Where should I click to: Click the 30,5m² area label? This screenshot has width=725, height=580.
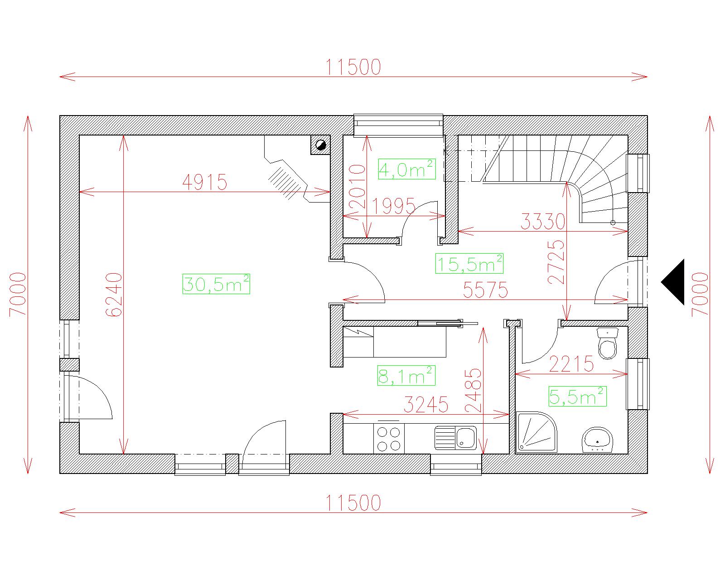pyautogui.click(x=216, y=284)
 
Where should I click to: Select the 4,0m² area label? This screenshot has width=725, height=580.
pyautogui.click(x=406, y=169)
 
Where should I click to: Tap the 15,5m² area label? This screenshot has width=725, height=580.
pyautogui.click(x=469, y=263)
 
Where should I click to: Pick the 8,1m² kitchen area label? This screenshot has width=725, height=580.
pyautogui.click(x=406, y=376)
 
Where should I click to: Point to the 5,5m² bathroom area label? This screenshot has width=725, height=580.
pyautogui.click(x=577, y=396)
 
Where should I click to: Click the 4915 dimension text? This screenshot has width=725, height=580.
pyautogui.click(x=204, y=182)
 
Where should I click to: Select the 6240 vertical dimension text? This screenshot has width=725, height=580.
pyautogui.click(x=114, y=295)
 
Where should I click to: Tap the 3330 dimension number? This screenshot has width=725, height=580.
pyautogui.click(x=543, y=222)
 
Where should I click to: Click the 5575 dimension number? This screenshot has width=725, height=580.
pyautogui.click(x=485, y=290)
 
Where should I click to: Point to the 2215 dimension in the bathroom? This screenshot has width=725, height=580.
pyautogui.click(x=571, y=364)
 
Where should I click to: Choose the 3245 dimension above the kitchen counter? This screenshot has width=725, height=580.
pyautogui.click(x=426, y=405)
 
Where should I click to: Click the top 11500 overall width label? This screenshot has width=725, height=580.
pyautogui.click(x=353, y=67)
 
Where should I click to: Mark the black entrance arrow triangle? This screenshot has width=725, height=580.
pyautogui.click(x=672, y=282)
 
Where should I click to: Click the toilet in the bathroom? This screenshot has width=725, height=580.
pyautogui.click(x=608, y=343)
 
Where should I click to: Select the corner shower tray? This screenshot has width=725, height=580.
pyautogui.click(x=536, y=431)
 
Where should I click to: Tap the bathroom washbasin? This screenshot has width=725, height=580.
pyautogui.click(x=597, y=440)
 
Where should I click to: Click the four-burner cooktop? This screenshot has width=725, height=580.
pyautogui.click(x=389, y=439)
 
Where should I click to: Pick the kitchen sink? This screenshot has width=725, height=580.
pyautogui.click(x=455, y=438)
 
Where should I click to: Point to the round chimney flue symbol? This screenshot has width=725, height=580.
pyautogui.click(x=320, y=145)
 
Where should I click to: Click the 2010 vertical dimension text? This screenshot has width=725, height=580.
pyautogui.click(x=358, y=186)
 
